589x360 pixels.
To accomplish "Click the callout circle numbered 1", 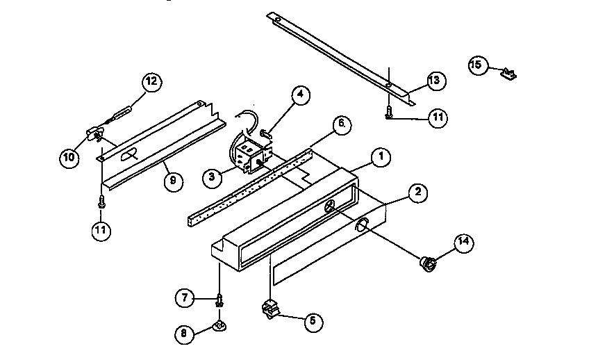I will coord(379,157).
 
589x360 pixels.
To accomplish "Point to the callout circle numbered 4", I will coord(299,96).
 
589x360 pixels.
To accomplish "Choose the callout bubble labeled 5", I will coord(312,320).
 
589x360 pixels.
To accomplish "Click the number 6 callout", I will coord(341,125).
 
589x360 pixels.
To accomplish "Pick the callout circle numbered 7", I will coord(183,299).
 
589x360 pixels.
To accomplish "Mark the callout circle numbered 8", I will coord(183,333).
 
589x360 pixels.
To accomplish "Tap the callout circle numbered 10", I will coord(69,157).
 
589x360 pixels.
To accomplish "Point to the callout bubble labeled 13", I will coord(435,81).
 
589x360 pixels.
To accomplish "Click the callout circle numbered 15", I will coord(476,65).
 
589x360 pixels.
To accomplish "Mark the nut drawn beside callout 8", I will coord(219,325).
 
